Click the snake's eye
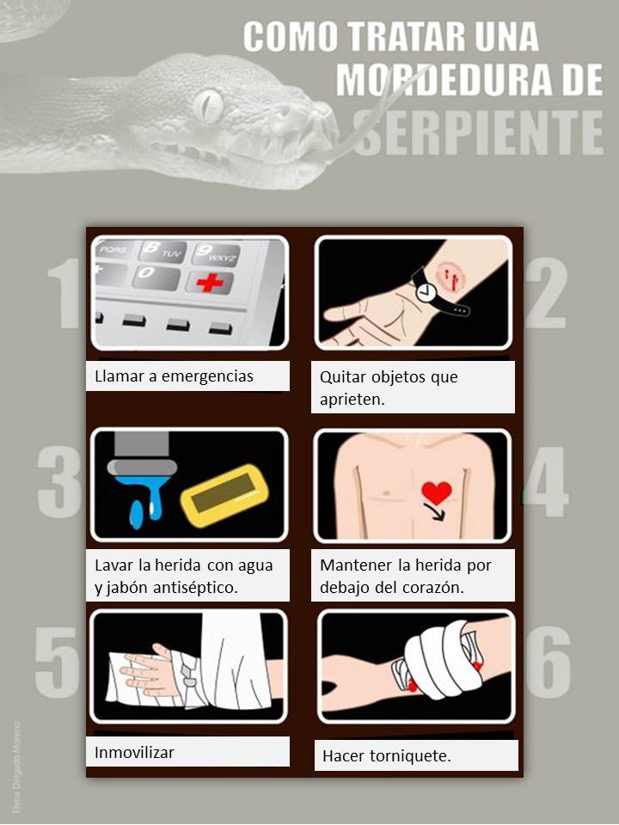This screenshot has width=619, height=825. point(208,106)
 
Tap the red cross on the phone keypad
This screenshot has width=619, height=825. point(210,283)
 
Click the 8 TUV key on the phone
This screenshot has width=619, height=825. point(162,251)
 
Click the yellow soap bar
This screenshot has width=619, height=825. point(224,496)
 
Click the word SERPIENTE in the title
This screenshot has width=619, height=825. point(479,133)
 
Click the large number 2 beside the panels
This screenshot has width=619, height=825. point(545,293)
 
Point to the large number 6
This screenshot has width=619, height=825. point(548,662)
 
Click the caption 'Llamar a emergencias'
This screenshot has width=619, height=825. point(174,376)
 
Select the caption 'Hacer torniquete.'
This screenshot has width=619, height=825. point(387,756)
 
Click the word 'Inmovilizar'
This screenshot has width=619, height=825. point(134,753)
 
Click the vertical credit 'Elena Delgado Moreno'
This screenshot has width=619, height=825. point(17,767)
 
